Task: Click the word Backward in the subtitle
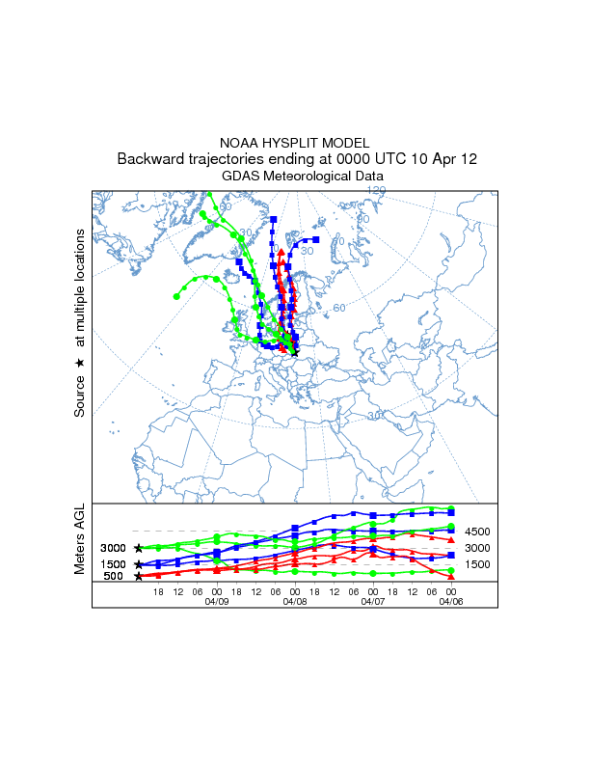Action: pyautogui.click(x=149, y=159)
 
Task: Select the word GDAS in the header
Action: pyautogui.click(x=241, y=177)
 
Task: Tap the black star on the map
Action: pyautogui.click(x=295, y=354)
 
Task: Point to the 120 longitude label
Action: pyautogui.click(x=375, y=192)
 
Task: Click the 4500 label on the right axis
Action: pyautogui.click(x=478, y=532)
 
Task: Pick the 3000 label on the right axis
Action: pyautogui.click(x=478, y=548)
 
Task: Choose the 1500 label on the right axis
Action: pyautogui.click(x=478, y=564)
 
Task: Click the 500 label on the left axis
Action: pyautogui.click(x=114, y=577)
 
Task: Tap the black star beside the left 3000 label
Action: pyautogui.click(x=139, y=548)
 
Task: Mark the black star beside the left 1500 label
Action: pyautogui.click(x=139, y=564)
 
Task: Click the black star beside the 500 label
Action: pyautogui.click(x=139, y=577)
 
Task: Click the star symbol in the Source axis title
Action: pyautogui.click(x=81, y=363)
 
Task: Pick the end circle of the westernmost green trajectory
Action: pyautogui.click(x=176, y=296)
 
